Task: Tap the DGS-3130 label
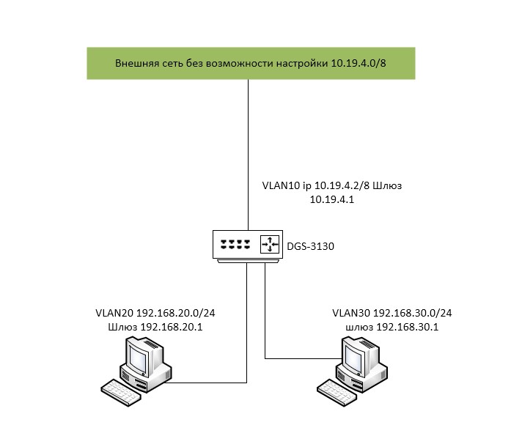coord(311,246)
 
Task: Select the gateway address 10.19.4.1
coord(331,199)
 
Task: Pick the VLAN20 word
coord(113,313)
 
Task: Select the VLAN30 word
coord(350,313)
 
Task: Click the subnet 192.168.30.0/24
coord(415,313)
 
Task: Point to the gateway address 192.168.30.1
coord(407,327)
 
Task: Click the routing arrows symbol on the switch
coord(270,243)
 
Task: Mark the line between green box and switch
coord(248,147)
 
